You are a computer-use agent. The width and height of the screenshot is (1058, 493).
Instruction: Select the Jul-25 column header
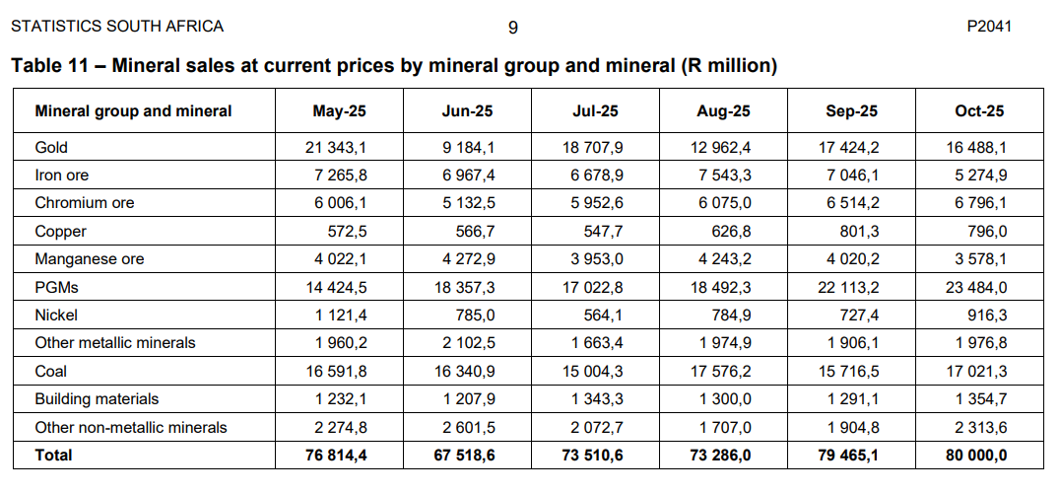coord(595,111)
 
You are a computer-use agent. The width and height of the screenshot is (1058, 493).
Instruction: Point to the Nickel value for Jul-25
coord(603,316)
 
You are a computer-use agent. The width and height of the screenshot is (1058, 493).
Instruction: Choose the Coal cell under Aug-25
coord(723,372)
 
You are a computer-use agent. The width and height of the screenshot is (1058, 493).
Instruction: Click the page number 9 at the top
coord(513,28)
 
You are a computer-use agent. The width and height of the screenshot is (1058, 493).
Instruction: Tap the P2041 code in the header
coord(989,27)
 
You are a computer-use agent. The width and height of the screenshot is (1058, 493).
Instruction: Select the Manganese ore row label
coord(90,259)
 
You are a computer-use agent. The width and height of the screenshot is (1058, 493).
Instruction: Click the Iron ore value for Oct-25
coord(980,176)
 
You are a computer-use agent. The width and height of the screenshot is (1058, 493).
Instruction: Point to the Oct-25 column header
coord(979,111)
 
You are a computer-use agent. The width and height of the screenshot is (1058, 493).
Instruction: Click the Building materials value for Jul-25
coord(597,399)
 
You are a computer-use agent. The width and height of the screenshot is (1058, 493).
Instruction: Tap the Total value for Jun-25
coord(463,456)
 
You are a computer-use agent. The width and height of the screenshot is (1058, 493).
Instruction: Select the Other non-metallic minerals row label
coord(131,427)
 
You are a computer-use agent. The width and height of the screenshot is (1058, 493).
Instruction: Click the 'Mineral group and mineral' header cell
coord(133,111)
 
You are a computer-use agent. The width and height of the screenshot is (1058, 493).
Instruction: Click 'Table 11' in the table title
coord(49,67)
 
